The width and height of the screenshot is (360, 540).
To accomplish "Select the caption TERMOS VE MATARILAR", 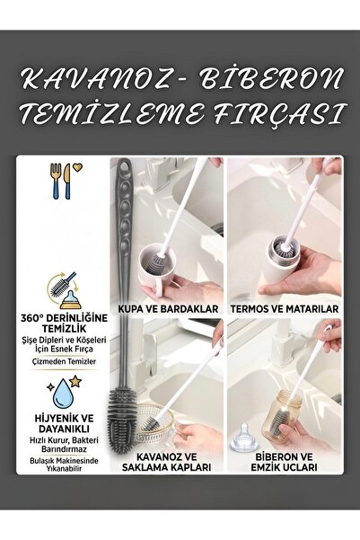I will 284,308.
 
